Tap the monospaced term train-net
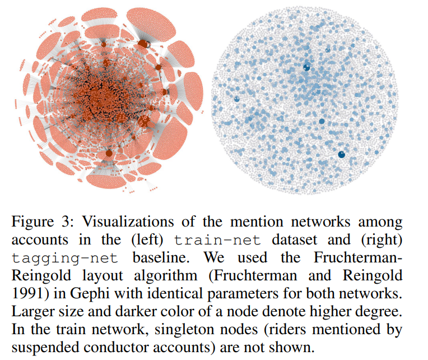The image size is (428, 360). click(218, 241)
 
